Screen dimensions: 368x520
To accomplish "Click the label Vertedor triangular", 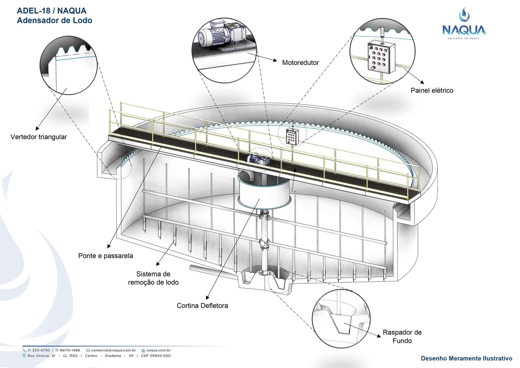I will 39,137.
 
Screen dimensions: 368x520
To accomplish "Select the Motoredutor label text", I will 300,63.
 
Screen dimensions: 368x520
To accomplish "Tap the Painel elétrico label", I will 432,90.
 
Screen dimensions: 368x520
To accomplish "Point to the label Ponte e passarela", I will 106,256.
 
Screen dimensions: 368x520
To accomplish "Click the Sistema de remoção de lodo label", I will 153,278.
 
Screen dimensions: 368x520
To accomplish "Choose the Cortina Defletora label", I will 202,306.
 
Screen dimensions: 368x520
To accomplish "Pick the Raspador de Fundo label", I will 402,336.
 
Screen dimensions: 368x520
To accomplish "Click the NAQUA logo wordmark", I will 464,30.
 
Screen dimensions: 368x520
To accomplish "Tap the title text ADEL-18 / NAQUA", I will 52,11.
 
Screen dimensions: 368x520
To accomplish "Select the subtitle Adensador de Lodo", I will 55,20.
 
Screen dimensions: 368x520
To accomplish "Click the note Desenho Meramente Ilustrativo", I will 466,358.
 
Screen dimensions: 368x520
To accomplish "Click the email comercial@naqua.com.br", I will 113,350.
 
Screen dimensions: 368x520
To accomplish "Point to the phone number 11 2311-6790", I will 39,350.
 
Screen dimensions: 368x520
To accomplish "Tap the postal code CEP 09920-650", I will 156,356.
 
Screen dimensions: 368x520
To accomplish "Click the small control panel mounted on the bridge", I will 292,136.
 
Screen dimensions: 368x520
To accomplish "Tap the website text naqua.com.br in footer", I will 158,350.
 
